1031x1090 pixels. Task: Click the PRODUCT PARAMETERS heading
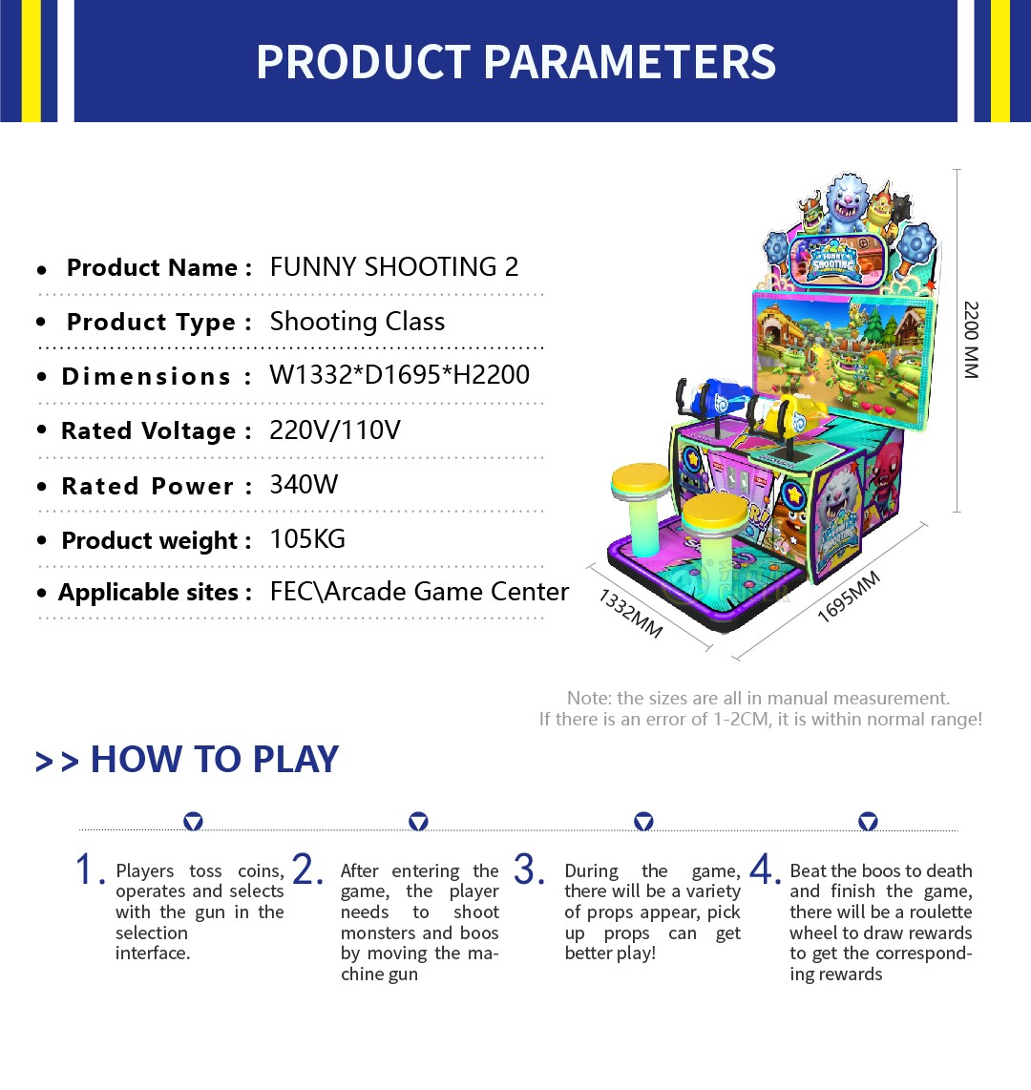pyautogui.click(x=515, y=62)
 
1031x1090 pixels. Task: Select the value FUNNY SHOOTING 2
pyautogui.click(x=394, y=267)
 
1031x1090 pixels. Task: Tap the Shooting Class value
pyautogui.click(x=357, y=322)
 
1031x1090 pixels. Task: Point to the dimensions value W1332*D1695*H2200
pyautogui.click(x=400, y=375)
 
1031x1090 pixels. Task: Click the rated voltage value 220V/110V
pyautogui.click(x=335, y=430)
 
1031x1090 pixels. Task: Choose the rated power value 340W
pyautogui.click(x=304, y=485)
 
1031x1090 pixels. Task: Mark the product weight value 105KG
pyautogui.click(x=307, y=539)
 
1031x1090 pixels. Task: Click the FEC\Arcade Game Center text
pyautogui.click(x=419, y=592)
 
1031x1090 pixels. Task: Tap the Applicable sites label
pyautogui.click(x=155, y=593)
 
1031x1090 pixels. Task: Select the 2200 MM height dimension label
pyautogui.click(x=971, y=340)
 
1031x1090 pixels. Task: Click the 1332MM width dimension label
pyautogui.click(x=631, y=613)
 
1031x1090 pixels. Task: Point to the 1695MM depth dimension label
pyautogui.click(x=849, y=597)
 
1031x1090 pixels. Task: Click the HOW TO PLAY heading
pyautogui.click(x=215, y=759)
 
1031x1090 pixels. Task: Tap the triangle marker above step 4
pyautogui.click(x=868, y=822)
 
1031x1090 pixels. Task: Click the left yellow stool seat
pyautogui.click(x=641, y=480)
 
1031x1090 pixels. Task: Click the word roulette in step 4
pyautogui.click(x=940, y=912)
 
